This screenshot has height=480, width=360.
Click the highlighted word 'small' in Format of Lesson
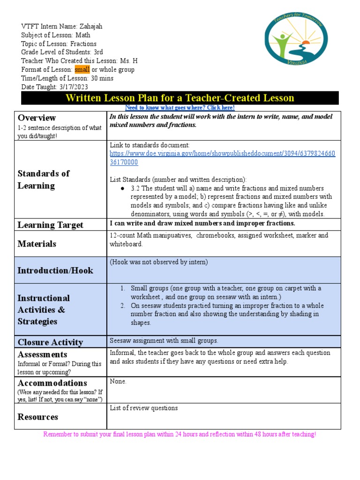82,70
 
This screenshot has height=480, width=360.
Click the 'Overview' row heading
37,118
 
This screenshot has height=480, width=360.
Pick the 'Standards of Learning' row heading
43,180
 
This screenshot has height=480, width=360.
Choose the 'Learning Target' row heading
50,225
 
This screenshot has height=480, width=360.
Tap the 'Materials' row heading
37,244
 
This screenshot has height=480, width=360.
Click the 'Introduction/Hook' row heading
55,270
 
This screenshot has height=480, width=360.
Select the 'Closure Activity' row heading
50,342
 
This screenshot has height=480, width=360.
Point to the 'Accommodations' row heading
52,383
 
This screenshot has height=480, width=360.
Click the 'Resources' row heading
37,417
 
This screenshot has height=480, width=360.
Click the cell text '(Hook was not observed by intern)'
158,262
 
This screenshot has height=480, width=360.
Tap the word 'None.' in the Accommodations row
118,382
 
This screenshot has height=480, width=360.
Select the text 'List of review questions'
143,408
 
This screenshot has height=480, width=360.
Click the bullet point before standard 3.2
122,188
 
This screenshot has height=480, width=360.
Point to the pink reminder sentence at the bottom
180,435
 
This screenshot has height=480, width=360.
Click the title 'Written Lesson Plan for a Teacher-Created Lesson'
180,98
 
